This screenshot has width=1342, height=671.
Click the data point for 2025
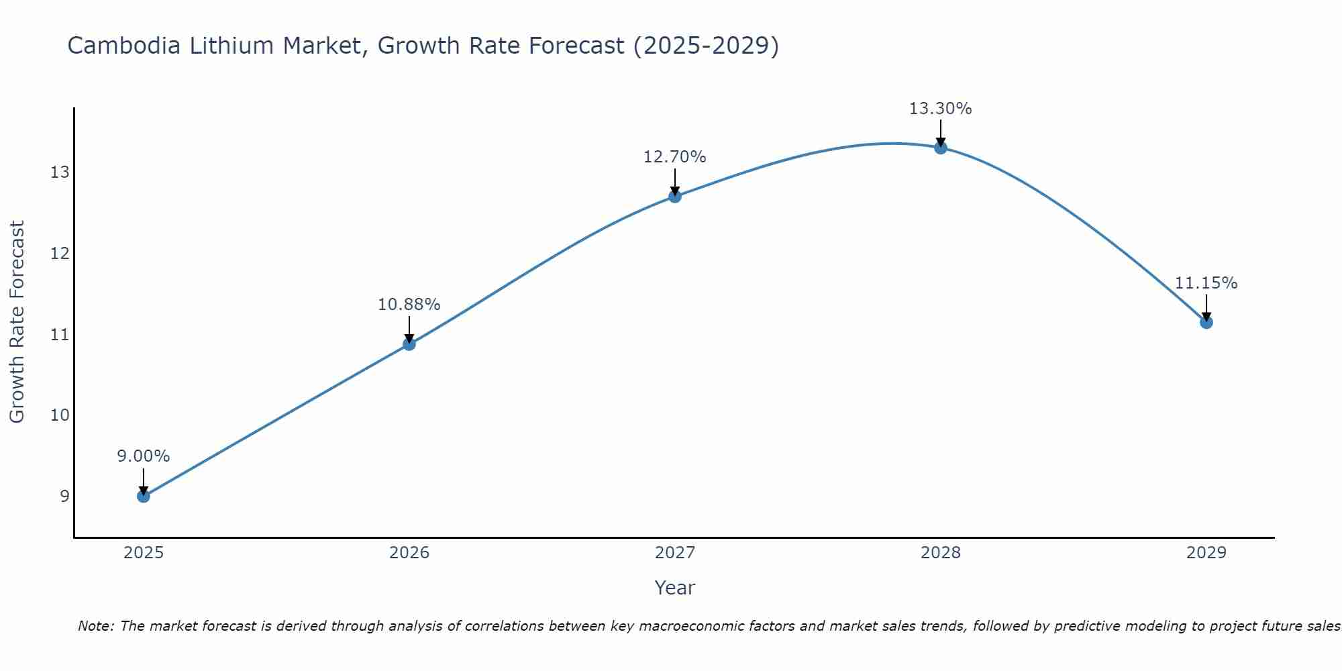point(144,497)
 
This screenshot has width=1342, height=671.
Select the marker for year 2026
point(409,344)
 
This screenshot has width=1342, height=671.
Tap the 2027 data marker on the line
point(675,197)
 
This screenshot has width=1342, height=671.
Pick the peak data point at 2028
point(941,148)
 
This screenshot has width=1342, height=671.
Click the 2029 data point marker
point(1206,322)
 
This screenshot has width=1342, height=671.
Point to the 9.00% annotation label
point(144,456)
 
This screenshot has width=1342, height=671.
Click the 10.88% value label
point(409,305)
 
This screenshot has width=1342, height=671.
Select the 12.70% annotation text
point(675,157)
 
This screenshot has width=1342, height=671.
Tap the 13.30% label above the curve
point(941,109)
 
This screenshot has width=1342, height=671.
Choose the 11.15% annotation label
point(1206,283)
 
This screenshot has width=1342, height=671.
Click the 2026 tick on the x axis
point(409,553)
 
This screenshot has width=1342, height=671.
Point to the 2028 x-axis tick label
point(941,553)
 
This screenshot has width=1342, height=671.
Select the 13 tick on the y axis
point(60,173)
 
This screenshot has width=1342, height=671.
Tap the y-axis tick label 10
point(60,415)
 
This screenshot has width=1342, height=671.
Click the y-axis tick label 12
point(60,254)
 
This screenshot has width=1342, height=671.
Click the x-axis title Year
point(675,588)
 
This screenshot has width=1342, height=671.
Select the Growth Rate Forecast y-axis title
point(17,322)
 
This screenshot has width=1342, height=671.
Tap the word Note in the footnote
point(96,626)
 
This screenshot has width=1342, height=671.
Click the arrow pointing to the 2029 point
point(1206,307)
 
